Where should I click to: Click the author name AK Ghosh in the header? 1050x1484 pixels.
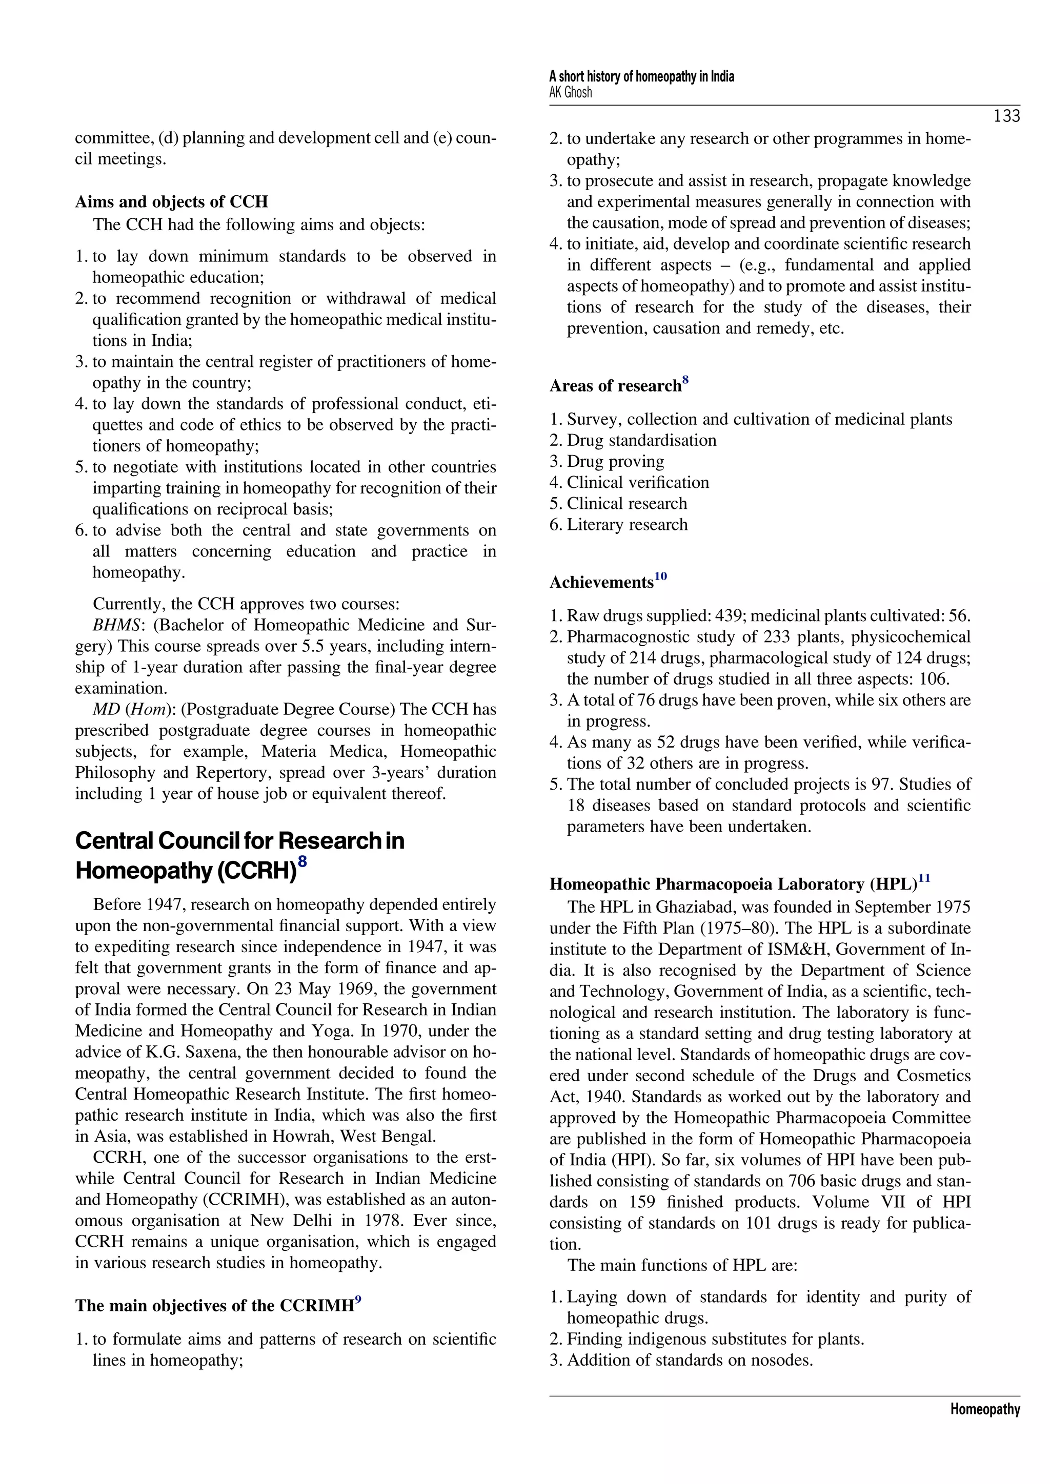point(570,92)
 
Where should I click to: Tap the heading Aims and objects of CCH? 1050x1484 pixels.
point(171,202)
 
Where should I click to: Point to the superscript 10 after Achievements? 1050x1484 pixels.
point(660,576)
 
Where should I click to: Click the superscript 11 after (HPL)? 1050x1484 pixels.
point(924,878)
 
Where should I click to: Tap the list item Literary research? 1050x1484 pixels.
point(627,525)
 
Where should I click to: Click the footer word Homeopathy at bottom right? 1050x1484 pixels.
point(985,1410)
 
